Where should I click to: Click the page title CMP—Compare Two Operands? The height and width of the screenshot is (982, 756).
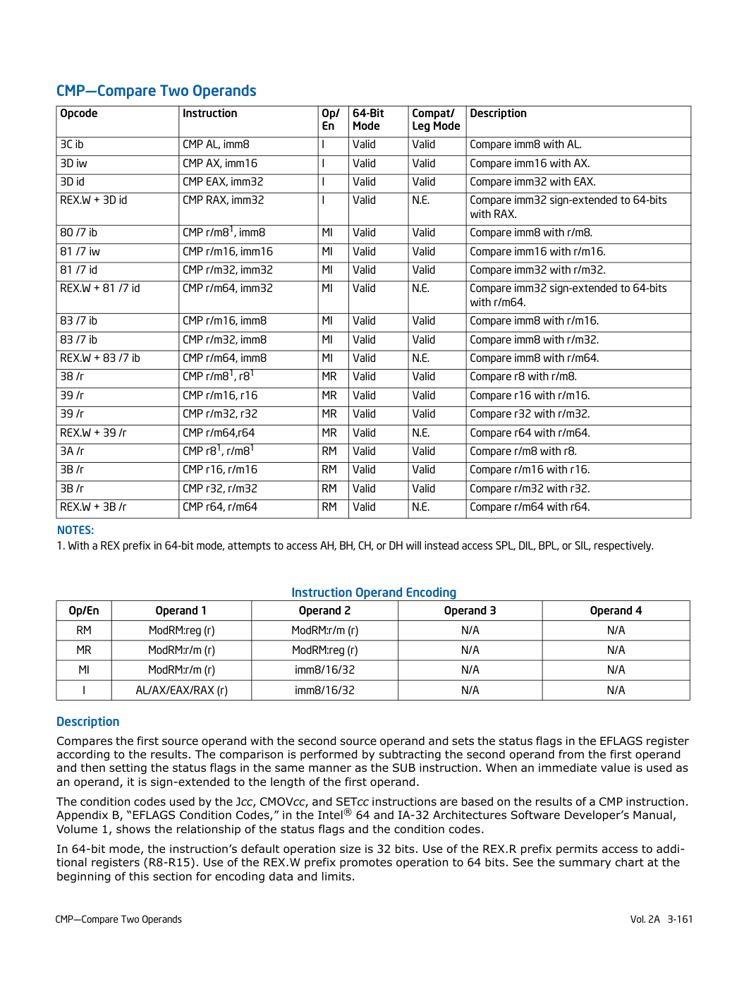[x=157, y=91]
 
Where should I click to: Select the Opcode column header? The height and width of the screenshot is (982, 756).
[x=79, y=114]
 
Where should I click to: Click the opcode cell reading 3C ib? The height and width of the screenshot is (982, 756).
[x=72, y=145]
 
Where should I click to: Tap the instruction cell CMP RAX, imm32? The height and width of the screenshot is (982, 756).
[x=223, y=200]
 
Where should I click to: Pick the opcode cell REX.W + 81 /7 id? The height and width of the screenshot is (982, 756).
[x=100, y=289]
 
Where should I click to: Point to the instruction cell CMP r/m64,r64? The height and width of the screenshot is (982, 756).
[x=219, y=433]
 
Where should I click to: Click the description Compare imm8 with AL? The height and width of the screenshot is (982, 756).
[x=525, y=145]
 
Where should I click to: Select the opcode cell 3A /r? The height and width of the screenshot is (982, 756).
[x=72, y=451]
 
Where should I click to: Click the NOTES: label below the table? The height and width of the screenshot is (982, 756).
[x=75, y=531]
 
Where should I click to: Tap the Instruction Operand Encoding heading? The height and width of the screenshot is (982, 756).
[x=374, y=593]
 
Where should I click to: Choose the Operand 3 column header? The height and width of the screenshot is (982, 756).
[x=470, y=611]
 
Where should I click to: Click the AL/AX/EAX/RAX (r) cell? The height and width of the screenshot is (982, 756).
[x=181, y=691]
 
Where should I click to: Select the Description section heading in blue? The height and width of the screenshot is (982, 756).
[x=88, y=722]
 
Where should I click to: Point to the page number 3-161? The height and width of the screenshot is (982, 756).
[x=680, y=919]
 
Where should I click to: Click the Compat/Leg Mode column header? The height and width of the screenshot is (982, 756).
[x=436, y=120]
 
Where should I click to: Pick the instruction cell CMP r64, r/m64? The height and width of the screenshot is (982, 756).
[x=220, y=507]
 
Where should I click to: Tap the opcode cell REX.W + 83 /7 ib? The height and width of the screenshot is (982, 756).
[x=100, y=358]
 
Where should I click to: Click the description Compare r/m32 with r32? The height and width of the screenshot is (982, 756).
[x=530, y=489]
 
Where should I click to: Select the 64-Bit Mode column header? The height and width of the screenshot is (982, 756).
[x=368, y=120]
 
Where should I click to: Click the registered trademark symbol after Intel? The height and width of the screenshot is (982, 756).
[x=348, y=812]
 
